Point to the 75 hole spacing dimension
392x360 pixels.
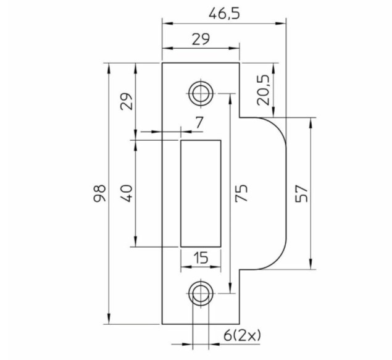click(241, 193)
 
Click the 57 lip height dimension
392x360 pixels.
click(301, 193)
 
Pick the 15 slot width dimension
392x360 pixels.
click(200, 258)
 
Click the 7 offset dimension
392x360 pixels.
click(199, 122)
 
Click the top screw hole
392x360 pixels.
click(200, 93)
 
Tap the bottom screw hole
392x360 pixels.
click(200, 293)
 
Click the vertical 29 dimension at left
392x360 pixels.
click(126, 100)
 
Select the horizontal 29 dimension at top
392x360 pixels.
click(200, 39)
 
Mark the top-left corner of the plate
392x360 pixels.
click(162, 62)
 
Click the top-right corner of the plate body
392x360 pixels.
click(239, 62)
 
